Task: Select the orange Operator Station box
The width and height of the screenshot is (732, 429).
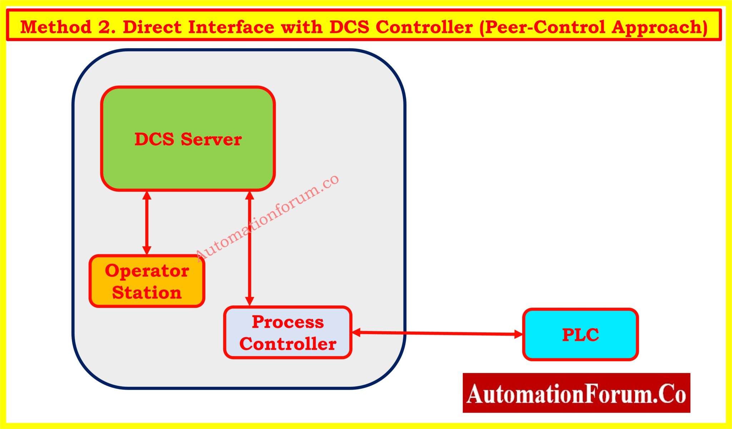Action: (147, 281)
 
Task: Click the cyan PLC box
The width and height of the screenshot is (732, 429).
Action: (580, 335)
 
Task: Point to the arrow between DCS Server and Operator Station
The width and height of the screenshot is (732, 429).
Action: (147, 223)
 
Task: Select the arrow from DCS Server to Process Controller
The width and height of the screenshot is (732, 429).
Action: (250, 250)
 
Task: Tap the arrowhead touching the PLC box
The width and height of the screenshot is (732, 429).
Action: (518, 334)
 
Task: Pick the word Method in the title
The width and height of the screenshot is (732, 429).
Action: (56, 27)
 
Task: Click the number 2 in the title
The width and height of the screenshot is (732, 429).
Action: (105, 27)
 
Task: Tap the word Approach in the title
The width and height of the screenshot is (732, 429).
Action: (659, 27)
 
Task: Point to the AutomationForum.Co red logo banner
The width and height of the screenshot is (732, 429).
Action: (576, 393)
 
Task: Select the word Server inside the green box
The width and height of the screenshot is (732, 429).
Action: (211, 139)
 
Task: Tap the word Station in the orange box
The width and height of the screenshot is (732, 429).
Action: (147, 293)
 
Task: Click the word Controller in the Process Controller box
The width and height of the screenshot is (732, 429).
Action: (288, 344)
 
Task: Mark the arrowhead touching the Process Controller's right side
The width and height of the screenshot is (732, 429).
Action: (357, 333)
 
